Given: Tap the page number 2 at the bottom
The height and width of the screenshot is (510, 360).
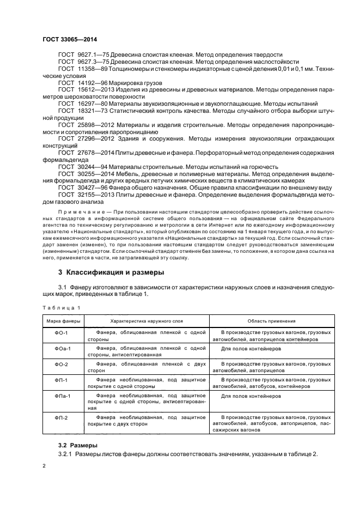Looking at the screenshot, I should pos(44,466).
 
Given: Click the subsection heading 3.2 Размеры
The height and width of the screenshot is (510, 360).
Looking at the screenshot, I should pos(78,445).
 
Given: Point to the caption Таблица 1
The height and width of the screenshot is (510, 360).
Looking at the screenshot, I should pos(62,308).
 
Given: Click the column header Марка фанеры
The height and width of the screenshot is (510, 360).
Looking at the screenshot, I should pos(62,321).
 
